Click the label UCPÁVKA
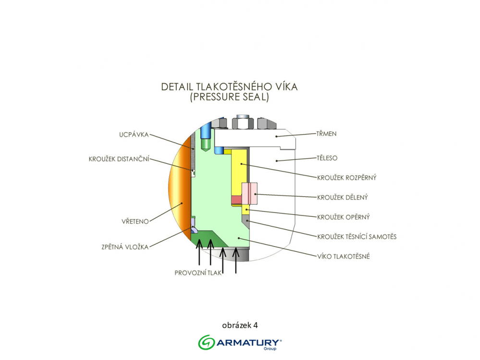pyautogui.click(x=133, y=135)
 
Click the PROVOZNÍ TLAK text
pyautogui.click(x=198, y=273)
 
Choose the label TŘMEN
pyautogui.click(x=326, y=134)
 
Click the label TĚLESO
pyautogui.click(x=327, y=157)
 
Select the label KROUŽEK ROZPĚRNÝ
pyautogui.click(x=346, y=178)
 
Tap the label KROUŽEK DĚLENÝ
pyautogui.click(x=343, y=197)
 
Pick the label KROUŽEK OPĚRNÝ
pyautogui.click(x=343, y=217)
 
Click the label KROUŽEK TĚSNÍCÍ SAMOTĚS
pyautogui.click(x=357, y=236)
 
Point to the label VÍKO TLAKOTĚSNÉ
pyautogui.click(x=343, y=256)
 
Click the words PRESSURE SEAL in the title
pyautogui.click(x=229, y=98)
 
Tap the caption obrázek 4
pyautogui.click(x=240, y=325)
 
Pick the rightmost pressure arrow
pyautogui.click(x=235, y=260)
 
